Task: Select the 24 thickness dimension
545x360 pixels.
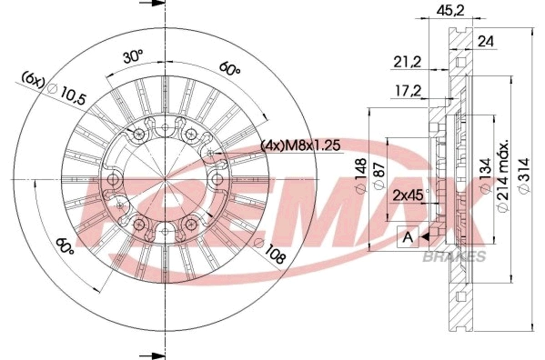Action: coord(486,42)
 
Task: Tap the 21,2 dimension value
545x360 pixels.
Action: coord(407,62)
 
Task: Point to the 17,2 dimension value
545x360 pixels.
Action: coord(408,91)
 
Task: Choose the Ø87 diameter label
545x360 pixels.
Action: coord(378,175)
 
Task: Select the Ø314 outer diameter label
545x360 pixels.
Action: coord(524,175)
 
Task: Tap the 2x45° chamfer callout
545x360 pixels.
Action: coord(410,195)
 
